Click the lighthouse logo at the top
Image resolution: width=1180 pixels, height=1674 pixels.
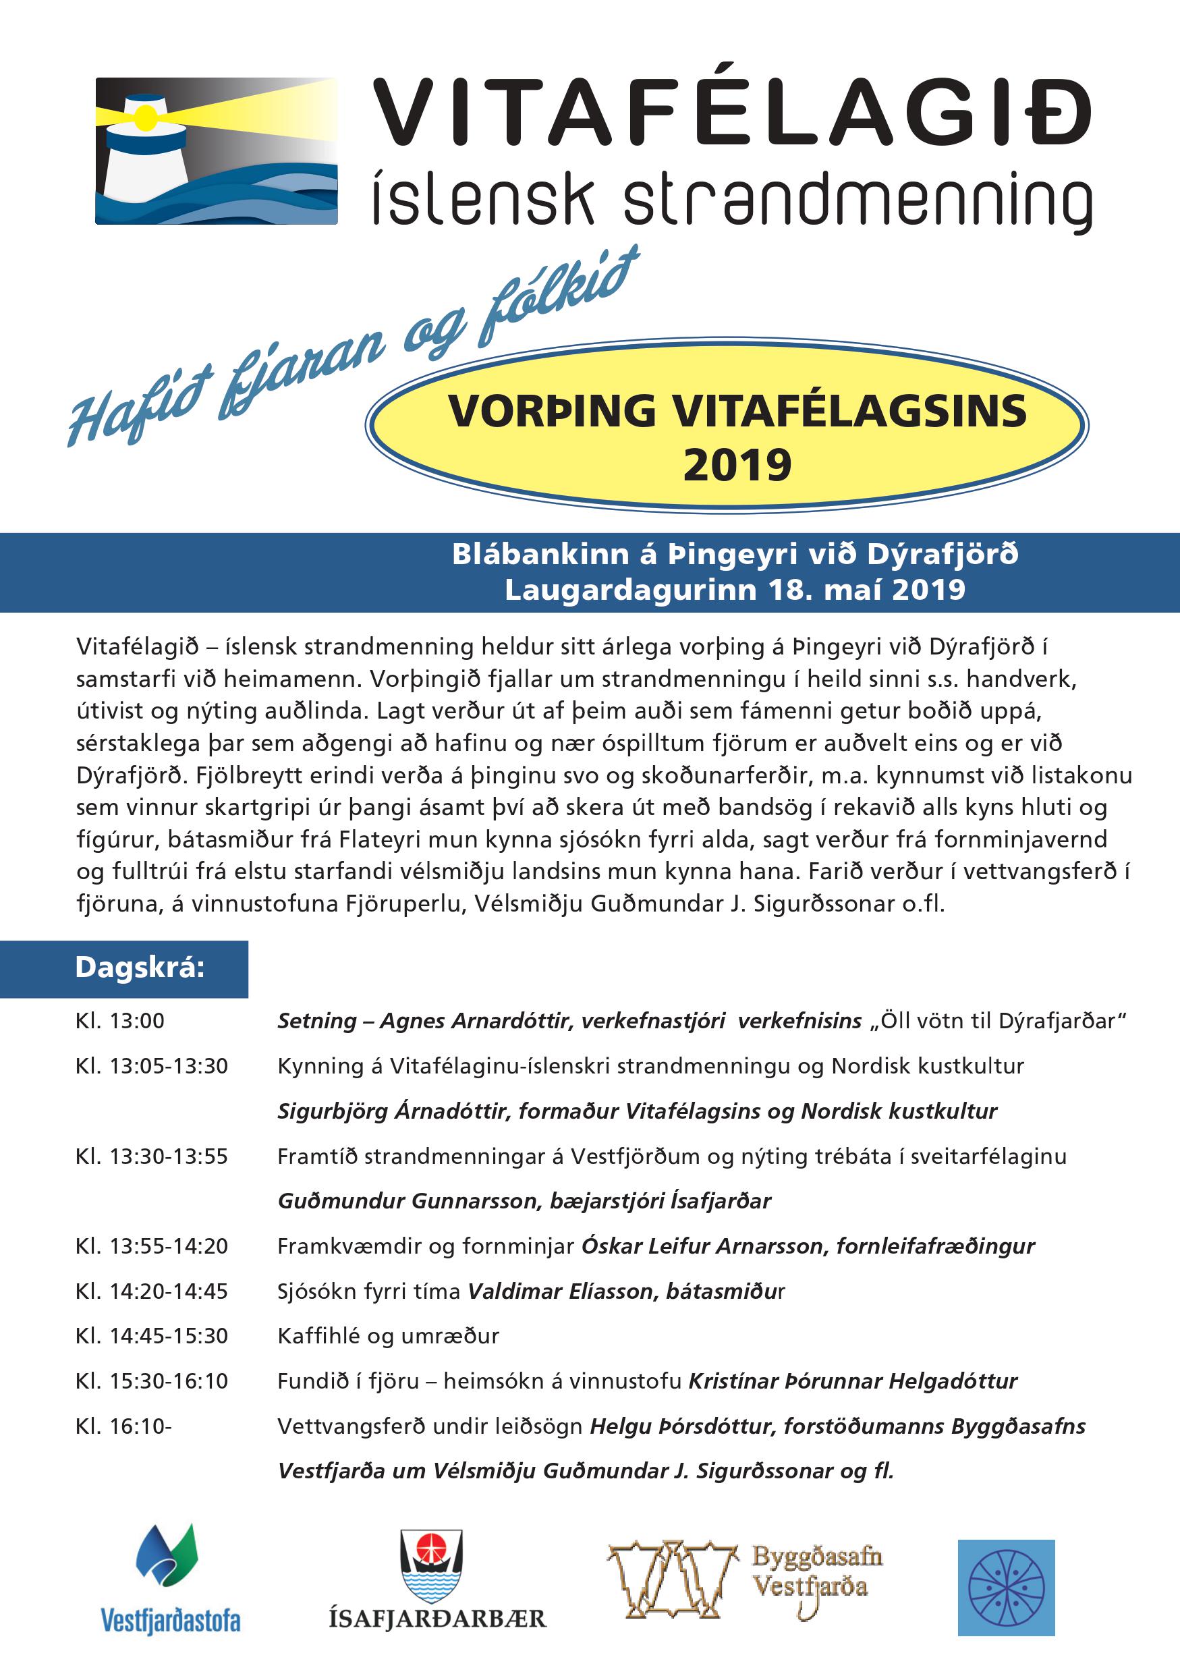pos(217,150)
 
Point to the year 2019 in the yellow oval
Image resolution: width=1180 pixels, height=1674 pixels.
pos(737,465)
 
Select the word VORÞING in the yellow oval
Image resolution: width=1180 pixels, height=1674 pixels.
pos(553,411)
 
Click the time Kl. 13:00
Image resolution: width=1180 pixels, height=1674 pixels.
pos(120,1022)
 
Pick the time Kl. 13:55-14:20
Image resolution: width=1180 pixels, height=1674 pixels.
pos(152,1247)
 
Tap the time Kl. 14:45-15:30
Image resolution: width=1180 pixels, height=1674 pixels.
pos(152,1337)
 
